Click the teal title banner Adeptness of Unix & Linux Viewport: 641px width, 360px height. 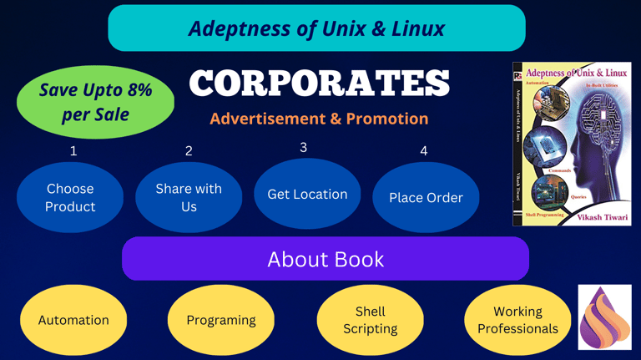coord(316,28)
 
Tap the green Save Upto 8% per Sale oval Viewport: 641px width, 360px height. coord(95,101)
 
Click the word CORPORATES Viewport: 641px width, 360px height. coord(320,83)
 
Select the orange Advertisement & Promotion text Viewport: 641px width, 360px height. coord(319,119)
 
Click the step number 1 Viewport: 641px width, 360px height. coord(73,151)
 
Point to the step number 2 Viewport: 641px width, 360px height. coord(189,151)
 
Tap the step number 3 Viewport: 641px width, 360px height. coord(303,148)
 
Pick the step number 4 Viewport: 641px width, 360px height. coord(424,151)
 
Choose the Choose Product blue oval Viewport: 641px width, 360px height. coord(70,198)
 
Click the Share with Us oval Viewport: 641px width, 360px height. coord(189,197)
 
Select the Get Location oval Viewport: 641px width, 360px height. coord(307,194)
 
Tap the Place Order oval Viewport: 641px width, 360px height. coord(426,198)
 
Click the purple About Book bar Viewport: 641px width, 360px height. coord(326,259)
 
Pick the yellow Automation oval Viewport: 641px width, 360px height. coord(73,320)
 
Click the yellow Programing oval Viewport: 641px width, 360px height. coord(221,320)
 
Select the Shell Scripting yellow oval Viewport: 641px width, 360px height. coord(370,320)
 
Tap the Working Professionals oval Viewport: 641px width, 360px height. coord(517,320)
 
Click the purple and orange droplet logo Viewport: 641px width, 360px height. coord(605,317)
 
